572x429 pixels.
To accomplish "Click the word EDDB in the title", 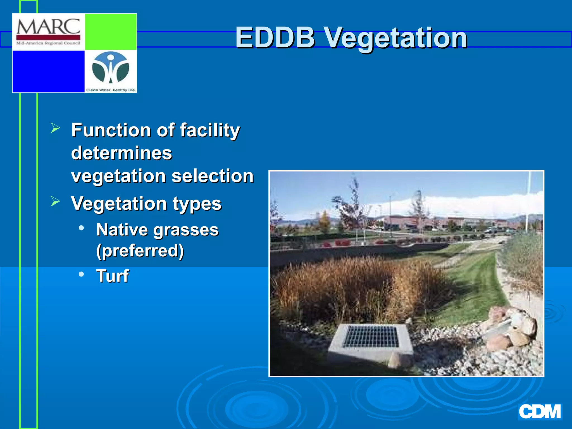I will coord(275,38).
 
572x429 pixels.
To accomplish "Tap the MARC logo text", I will coord(48,27).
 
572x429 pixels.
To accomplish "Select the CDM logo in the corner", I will coord(540,412).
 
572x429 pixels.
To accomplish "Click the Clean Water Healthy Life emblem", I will coord(111,68).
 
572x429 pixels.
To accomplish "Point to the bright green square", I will coord(111,32).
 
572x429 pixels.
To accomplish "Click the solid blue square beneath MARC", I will coord(48,71).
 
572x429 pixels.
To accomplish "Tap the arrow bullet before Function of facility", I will coord(55,128).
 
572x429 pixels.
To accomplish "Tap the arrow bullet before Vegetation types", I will coord(55,201).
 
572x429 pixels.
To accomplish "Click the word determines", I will coord(121,153).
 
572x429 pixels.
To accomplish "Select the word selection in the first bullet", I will coord(212,176).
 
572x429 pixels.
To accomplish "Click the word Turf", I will coord(112,276).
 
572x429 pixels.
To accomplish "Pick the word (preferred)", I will coord(140,251).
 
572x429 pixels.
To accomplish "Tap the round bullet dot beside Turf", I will coord(81,274).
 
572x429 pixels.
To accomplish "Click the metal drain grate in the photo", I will coord(370,337).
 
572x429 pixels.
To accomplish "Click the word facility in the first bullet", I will coord(209,130).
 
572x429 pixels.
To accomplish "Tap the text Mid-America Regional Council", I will coord(48,43).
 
